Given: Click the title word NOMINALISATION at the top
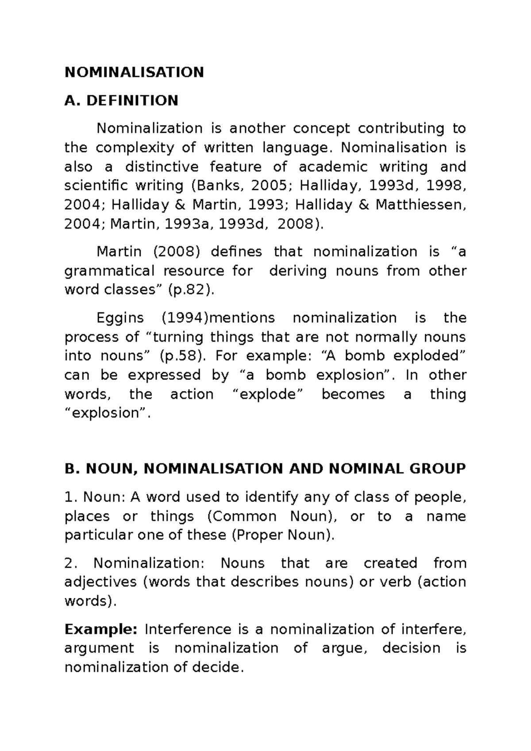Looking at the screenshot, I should (134, 72).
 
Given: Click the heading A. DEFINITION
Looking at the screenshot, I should (121, 100).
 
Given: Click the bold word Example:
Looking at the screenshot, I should (101, 629).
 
